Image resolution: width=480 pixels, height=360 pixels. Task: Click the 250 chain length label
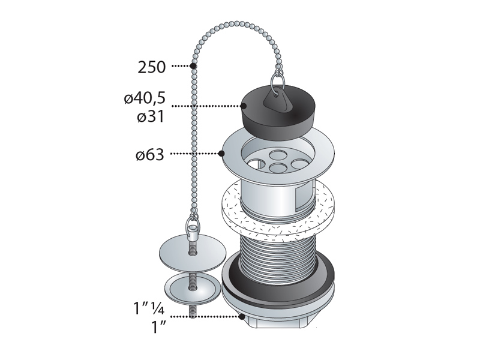[152, 67]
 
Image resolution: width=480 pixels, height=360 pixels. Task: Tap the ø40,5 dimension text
[145, 98]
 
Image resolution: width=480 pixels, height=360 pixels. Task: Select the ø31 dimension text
[151, 116]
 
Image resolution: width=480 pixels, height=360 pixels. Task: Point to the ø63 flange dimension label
[150, 155]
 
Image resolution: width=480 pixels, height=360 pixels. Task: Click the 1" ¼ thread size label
[148, 308]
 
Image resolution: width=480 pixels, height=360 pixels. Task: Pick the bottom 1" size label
[158, 327]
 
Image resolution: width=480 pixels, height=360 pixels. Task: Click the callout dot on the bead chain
[193, 65]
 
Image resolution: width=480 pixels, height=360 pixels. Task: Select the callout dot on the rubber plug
[244, 106]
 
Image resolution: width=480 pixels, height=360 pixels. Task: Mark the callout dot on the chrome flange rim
[221, 154]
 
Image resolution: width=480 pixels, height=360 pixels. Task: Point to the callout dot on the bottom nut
[242, 317]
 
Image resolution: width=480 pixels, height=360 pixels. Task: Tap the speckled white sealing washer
[278, 208]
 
